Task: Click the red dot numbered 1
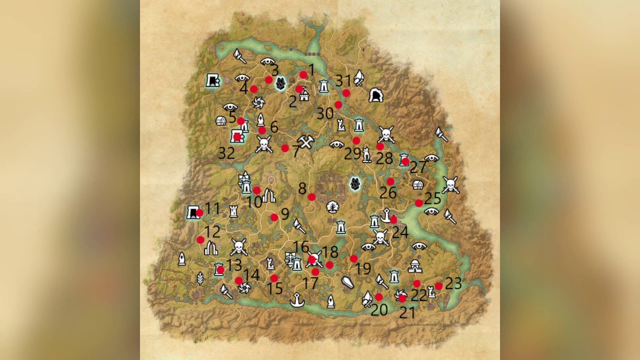point(303,75)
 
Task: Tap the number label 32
point(226,153)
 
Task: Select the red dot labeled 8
point(311,196)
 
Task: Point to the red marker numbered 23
point(438,286)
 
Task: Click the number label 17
point(310,283)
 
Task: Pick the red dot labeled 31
point(346,93)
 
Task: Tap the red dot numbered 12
point(200,239)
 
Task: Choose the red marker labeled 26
point(390,181)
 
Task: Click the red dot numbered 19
point(354,258)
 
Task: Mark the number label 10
point(254,202)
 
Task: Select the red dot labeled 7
point(285,148)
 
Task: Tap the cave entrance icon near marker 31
point(375,95)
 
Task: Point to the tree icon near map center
point(331,206)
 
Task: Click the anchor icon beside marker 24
point(385,215)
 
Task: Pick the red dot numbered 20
point(378,297)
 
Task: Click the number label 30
point(325,113)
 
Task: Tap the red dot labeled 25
point(419,203)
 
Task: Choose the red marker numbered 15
point(274,278)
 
